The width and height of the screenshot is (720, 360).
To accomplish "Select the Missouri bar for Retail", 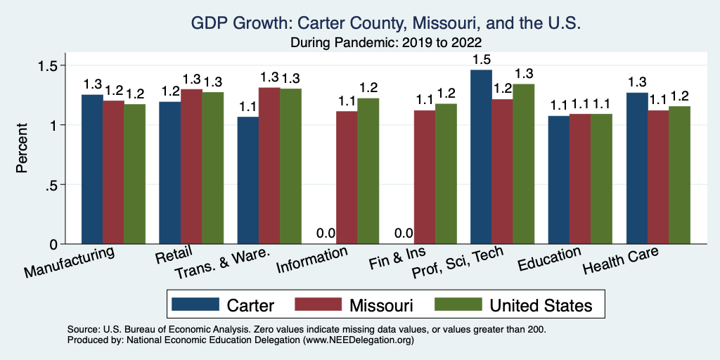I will [191, 167].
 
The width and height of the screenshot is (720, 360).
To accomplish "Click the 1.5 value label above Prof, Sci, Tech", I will [481, 59].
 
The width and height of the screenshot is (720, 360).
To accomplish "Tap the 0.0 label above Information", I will [325, 233].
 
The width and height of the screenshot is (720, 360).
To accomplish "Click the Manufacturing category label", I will [70, 262].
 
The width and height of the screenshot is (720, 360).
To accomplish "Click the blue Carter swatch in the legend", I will [196, 304].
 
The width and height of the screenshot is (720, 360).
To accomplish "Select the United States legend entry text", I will [541, 304].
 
